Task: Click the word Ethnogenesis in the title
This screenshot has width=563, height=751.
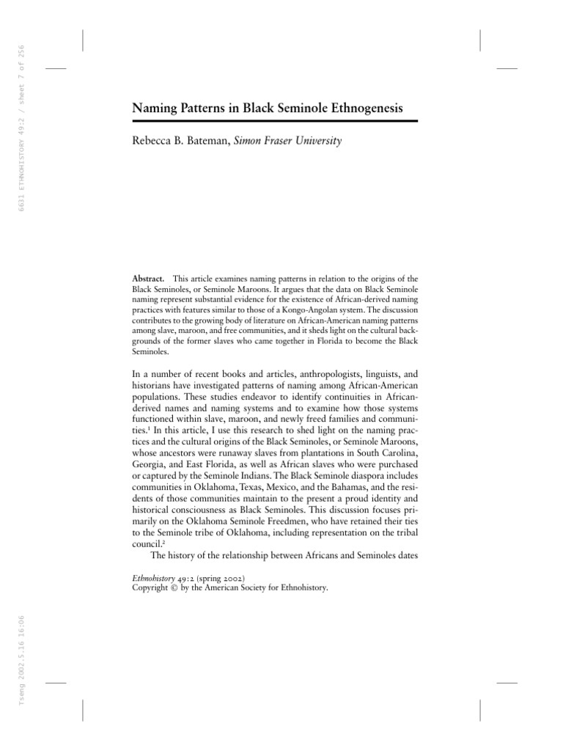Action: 361,109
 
